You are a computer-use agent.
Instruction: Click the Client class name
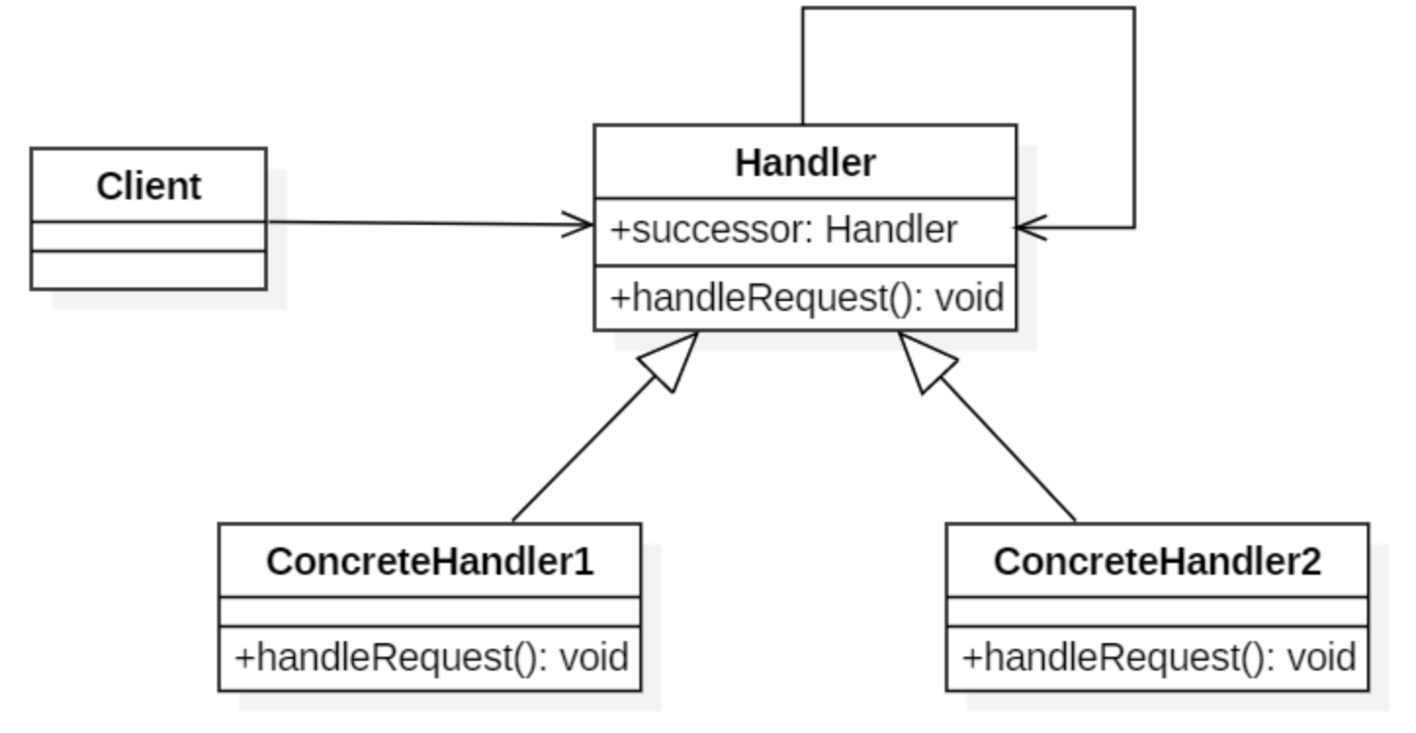(x=149, y=187)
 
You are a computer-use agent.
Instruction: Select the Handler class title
(x=806, y=163)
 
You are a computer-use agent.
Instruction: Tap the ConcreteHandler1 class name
(x=430, y=561)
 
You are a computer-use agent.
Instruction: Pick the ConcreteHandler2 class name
(x=1158, y=561)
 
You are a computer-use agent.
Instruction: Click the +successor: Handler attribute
(x=784, y=230)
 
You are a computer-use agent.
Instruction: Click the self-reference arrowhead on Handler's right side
(x=1032, y=228)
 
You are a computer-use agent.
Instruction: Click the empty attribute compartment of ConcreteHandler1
(x=430, y=612)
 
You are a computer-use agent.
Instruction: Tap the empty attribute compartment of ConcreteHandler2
(x=1158, y=612)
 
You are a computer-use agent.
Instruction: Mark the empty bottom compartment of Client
(x=149, y=271)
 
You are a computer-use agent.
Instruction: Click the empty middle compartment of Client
(x=149, y=237)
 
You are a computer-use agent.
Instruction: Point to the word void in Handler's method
(x=970, y=298)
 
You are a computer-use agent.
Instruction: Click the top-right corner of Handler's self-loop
(x=1134, y=8)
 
